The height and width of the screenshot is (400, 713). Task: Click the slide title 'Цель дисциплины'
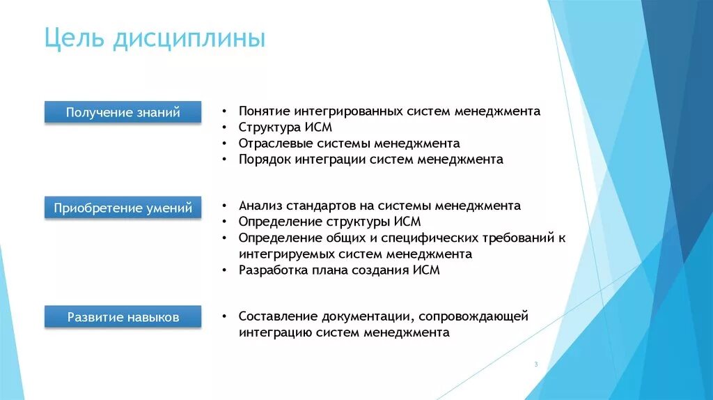click(x=154, y=38)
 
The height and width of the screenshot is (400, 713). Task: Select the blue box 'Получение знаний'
click(x=123, y=112)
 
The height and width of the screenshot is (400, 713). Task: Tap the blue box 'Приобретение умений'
click(x=123, y=208)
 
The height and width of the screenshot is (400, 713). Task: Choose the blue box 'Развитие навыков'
click(x=123, y=317)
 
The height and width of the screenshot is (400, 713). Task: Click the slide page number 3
click(x=536, y=364)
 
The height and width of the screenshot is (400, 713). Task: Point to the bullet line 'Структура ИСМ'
click(x=285, y=128)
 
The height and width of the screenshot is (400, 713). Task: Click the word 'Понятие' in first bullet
click(x=264, y=111)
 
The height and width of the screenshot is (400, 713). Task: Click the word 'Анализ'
click(x=259, y=206)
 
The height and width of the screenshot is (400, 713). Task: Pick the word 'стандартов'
click(x=318, y=206)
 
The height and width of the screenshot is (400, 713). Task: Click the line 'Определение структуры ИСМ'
click(x=329, y=222)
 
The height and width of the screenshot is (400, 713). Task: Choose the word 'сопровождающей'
click(x=475, y=316)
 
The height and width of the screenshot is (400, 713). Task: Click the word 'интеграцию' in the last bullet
click(x=275, y=332)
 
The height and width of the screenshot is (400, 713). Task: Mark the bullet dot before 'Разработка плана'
click(x=225, y=270)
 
